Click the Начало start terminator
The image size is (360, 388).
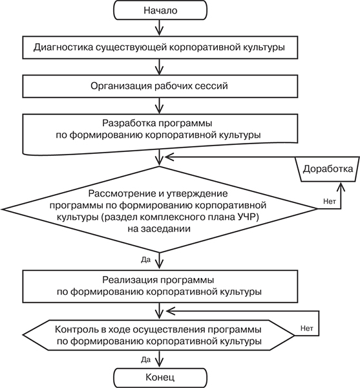(160, 10)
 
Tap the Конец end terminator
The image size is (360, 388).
(160, 378)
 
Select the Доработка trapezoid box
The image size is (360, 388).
(328, 169)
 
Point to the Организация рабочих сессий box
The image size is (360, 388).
(160, 87)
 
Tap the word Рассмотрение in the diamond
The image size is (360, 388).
(123, 193)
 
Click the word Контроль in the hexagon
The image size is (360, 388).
(76, 330)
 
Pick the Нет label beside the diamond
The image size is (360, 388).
(330, 201)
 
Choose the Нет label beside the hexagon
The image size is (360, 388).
(307, 329)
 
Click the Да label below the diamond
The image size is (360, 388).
(145, 260)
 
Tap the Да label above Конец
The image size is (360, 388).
(145, 360)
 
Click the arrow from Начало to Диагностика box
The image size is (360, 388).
(160, 28)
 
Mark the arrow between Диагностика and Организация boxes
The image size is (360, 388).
(160, 67)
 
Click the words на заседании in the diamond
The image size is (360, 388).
(159, 228)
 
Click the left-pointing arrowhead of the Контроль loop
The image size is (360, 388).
(171, 311)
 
